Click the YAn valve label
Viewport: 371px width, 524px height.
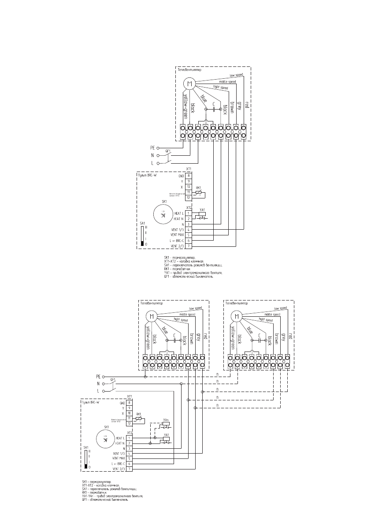pyautogui.click(x=166, y=420)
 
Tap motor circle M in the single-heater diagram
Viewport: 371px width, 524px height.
pyautogui.click(x=189, y=84)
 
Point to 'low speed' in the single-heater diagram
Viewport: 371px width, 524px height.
pyautogui.click(x=236, y=76)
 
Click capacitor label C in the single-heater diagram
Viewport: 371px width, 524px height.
pyautogui.click(x=214, y=104)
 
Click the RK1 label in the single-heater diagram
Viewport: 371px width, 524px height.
pyautogui.click(x=198, y=188)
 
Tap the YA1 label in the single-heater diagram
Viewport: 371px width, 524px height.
pyautogui.click(x=202, y=209)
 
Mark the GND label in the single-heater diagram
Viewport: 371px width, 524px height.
pyautogui.click(x=181, y=176)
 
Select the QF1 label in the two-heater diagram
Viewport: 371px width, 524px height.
pyautogui.click(x=113, y=379)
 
